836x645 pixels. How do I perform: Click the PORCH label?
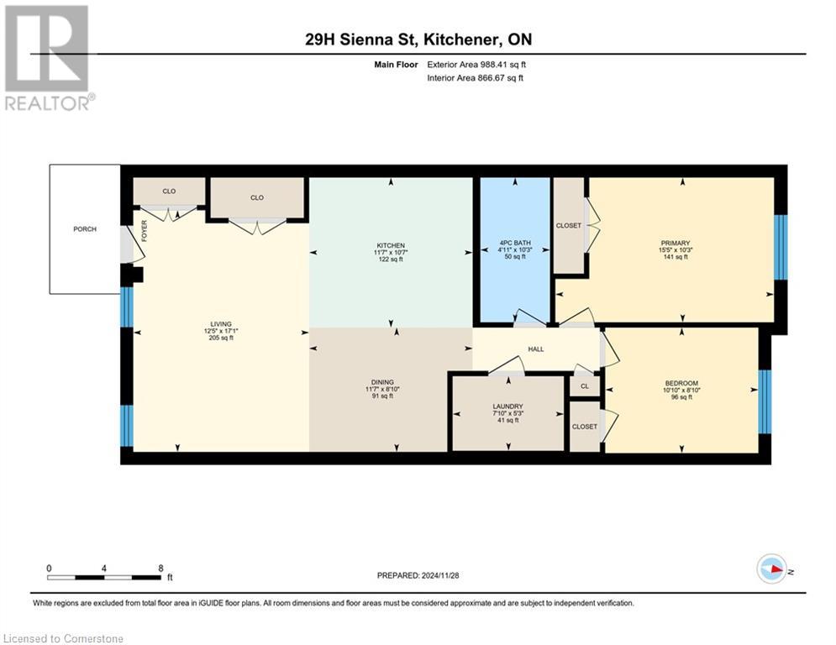(x=85, y=229)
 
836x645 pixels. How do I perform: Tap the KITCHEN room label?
(x=391, y=246)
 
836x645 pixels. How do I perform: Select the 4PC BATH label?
(x=515, y=243)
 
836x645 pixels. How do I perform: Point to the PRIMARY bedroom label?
(x=676, y=243)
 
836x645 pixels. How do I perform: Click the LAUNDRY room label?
(x=507, y=406)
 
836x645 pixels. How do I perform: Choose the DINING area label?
(x=382, y=382)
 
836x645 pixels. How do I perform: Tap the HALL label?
(x=536, y=349)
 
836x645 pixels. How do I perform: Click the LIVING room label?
(x=221, y=324)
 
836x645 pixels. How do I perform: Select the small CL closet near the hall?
(x=585, y=386)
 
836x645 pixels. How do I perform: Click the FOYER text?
(x=144, y=231)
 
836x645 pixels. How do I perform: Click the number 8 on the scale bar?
(x=160, y=569)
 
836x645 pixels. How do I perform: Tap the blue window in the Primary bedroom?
(x=780, y=248)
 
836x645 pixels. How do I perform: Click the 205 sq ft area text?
(x=221, y=338)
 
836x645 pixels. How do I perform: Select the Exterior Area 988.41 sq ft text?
(x=476, y=65)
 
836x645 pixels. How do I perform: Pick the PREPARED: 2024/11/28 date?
(x=418, y=575)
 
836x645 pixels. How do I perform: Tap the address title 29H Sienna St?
(x=361, y=39)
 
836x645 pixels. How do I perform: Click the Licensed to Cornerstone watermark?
(x=63, y=638)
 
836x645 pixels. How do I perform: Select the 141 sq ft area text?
(x=676, y=256)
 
